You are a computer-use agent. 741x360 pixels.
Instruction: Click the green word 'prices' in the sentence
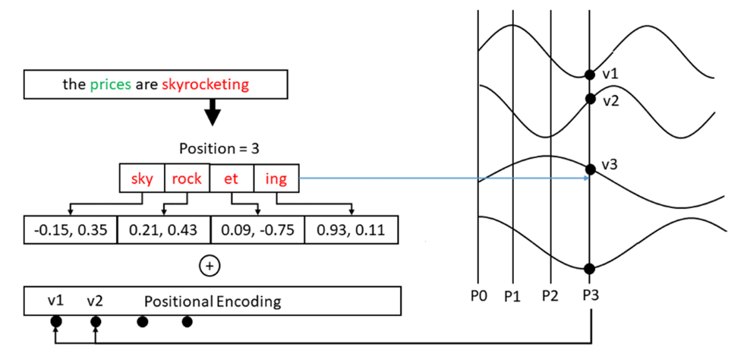[x=110, y=84]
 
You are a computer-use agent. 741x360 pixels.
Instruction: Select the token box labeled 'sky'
[x=142, y=178]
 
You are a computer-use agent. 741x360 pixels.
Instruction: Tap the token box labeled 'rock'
[x=187, y=178]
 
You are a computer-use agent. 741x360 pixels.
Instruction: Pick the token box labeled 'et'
[x=231, y=178]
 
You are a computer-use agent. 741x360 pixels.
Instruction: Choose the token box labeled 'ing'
[x=276, y=178]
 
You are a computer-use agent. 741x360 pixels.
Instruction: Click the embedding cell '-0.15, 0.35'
[x=71, y=230]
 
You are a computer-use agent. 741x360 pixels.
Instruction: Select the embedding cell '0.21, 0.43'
[x=163, y=230]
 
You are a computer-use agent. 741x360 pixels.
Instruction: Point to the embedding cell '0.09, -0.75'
[x=257, y=230]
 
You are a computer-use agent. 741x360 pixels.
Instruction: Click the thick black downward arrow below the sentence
[x=213, y=112]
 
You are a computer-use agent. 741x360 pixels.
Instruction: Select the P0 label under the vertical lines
[x=478, y=295]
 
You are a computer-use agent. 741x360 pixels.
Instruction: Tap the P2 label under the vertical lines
[x=550, y=295]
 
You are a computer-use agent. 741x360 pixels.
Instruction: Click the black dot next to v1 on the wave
[x=589, y=74]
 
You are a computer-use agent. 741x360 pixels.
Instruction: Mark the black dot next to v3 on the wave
[x=589, y=168]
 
